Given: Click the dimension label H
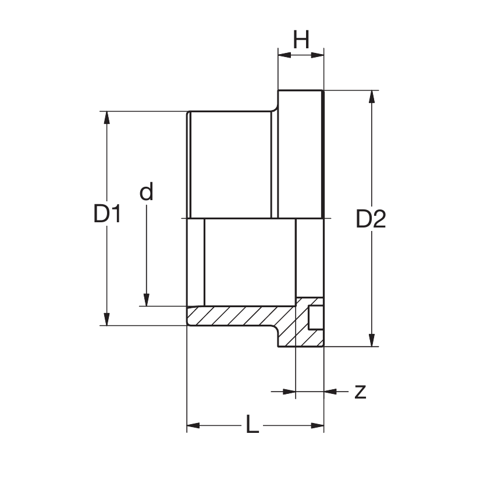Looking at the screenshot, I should click(x=301, y=40).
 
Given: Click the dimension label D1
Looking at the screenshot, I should click(x=107, y=214).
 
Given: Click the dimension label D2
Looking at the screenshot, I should click(x=371, y=219).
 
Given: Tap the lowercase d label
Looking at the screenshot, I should click(x=147, y=191).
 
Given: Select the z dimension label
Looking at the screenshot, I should click(x=361, y=392).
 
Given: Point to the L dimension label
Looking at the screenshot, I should click(x=251, y=425).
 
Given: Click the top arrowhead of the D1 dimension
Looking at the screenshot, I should click(x=106, y=117).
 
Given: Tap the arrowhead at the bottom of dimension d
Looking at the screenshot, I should click(x=147, y=299).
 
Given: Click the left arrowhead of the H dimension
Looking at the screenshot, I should click(x=284, y=55).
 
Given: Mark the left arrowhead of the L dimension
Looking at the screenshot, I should click(x=193, y=425).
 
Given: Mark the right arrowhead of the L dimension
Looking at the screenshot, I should click(x=317, y=425).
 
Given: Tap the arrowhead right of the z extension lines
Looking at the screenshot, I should click(x=330, y=392).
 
